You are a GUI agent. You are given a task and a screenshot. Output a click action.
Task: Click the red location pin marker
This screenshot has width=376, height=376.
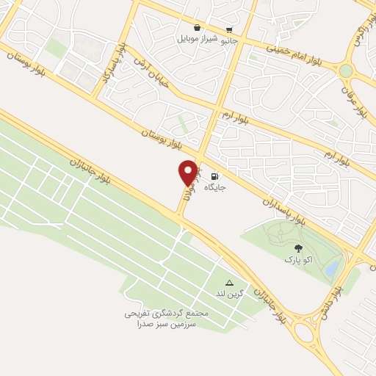tap(188, 173)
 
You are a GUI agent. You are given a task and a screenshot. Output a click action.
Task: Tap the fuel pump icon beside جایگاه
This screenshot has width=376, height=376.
tap(214, 176)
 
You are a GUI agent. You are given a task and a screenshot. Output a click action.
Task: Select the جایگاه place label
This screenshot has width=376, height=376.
tap(215, 187)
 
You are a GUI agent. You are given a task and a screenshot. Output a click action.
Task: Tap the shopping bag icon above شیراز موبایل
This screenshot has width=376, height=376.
tap(198, 27)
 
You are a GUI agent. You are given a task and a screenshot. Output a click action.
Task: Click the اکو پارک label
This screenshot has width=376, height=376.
tap(298, 259)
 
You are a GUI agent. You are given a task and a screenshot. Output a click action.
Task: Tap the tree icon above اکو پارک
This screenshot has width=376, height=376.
tap(298, 248)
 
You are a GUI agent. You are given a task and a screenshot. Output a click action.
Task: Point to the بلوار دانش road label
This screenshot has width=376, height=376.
tap(328, 302)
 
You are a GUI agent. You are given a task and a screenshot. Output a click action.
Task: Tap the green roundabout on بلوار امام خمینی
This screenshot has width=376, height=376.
tap(345, 70)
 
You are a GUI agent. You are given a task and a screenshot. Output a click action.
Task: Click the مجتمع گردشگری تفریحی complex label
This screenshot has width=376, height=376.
tap(166, 313)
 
